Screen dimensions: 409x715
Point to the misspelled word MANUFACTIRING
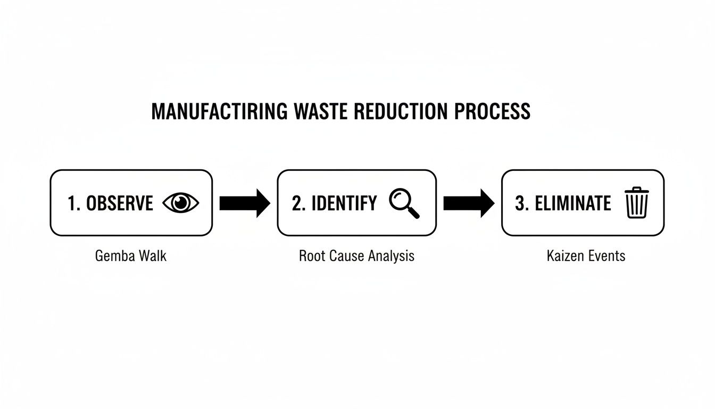[x=220, y=111]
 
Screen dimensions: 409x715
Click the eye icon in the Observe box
[x=181, y=203]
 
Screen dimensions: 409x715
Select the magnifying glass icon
[x=404, y=203]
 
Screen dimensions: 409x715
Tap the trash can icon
[x=637, y=202]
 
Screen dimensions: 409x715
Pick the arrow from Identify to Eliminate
[x=469, y=203]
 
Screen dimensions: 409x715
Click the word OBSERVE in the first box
[x=119, y=203]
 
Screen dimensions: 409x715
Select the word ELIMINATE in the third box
[x=572, y=203]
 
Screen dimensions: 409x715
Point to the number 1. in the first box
[x=73, y=203]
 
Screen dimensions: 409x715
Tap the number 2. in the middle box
[x=298, y=203]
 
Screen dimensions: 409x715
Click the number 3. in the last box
[x=521, y=203]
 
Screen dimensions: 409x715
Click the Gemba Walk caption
[x=131, y=256]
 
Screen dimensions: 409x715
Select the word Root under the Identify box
[x=311, y=256]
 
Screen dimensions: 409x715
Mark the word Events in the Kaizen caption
[x=606, y=256]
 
